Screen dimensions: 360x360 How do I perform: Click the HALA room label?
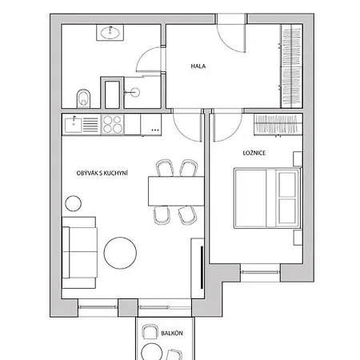[x=198, y=66]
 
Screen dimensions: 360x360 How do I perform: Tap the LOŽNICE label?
[x=254, y=153]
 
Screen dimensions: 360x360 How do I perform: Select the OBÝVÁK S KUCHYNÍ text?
[x=102, y=173]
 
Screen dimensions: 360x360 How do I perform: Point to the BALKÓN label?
[x=172, y=334]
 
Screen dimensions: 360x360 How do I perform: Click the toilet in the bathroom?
[x=83, y=98]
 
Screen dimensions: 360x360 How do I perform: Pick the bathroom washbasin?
[x=110, y=33]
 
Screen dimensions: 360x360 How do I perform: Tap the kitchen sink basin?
[x=74, y=124]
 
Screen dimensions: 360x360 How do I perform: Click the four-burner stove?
[x=113, y=124]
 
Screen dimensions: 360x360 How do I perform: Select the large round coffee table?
[x=120, y=253]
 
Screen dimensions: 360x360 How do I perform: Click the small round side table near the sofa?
[x=73, y=203]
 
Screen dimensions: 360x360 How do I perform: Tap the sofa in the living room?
[x=79, y=253]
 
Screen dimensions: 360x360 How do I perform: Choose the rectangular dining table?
[x=176, y=191]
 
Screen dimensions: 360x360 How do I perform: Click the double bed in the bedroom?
[x=267, y=198]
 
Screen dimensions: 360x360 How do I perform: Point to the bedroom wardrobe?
[x=278, y=125]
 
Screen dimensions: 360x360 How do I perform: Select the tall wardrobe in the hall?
[x=292, y=66]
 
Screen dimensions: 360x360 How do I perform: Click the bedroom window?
[x=261, y=272]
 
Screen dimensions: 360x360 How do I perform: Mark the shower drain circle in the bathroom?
[x=136, y=92]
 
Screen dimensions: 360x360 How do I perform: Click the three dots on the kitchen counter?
[x=155, y=130]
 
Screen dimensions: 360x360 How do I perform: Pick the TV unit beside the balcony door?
[x=198, y=268]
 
